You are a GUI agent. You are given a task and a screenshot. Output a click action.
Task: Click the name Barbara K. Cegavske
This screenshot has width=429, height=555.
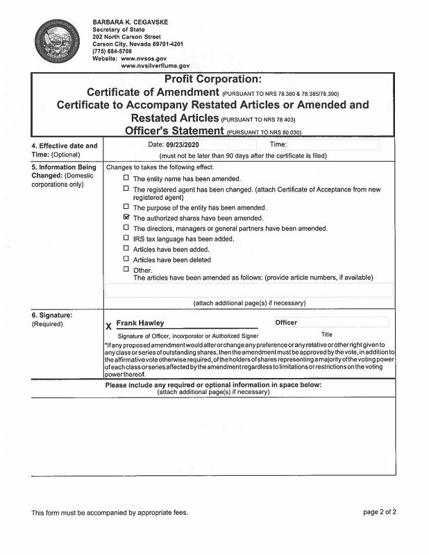click(131, 22)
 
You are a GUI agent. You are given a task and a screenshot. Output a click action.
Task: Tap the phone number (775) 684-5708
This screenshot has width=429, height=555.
click(112, 51)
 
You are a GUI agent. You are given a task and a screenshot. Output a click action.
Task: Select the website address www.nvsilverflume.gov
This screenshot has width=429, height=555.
click(155, 65)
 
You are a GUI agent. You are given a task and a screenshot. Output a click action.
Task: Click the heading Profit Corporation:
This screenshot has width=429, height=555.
click(212, 79)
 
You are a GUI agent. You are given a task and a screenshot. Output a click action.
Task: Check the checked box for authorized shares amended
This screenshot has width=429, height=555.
click(126, 217)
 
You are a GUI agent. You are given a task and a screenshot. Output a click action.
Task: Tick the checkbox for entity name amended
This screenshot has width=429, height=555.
click(126, 178)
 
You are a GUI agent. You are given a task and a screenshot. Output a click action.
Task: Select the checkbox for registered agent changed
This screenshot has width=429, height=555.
click(126, 189)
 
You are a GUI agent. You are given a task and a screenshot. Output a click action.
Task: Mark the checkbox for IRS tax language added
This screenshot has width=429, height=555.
click(126, 238)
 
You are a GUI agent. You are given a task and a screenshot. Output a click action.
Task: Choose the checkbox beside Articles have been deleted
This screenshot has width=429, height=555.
click(126, 259)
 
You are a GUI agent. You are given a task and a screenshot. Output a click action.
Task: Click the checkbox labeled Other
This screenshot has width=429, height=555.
click(126, 269)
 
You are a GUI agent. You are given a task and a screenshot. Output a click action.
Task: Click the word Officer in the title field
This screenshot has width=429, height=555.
click(286, 323)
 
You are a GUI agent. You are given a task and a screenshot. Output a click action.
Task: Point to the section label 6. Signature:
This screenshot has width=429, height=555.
click(53, 315)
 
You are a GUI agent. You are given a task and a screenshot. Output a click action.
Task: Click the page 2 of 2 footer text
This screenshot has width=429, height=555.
click(379, 513)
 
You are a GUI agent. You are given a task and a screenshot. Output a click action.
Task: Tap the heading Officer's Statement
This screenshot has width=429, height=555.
click(174, 130)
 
